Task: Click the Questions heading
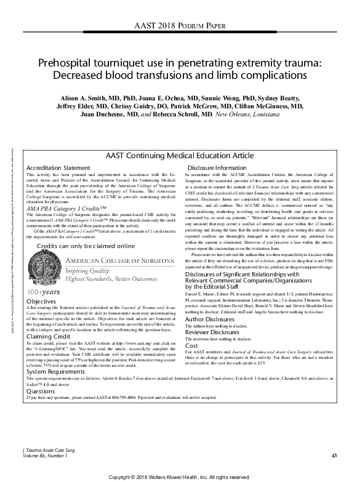(41, 390)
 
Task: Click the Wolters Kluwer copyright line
(180, 476)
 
